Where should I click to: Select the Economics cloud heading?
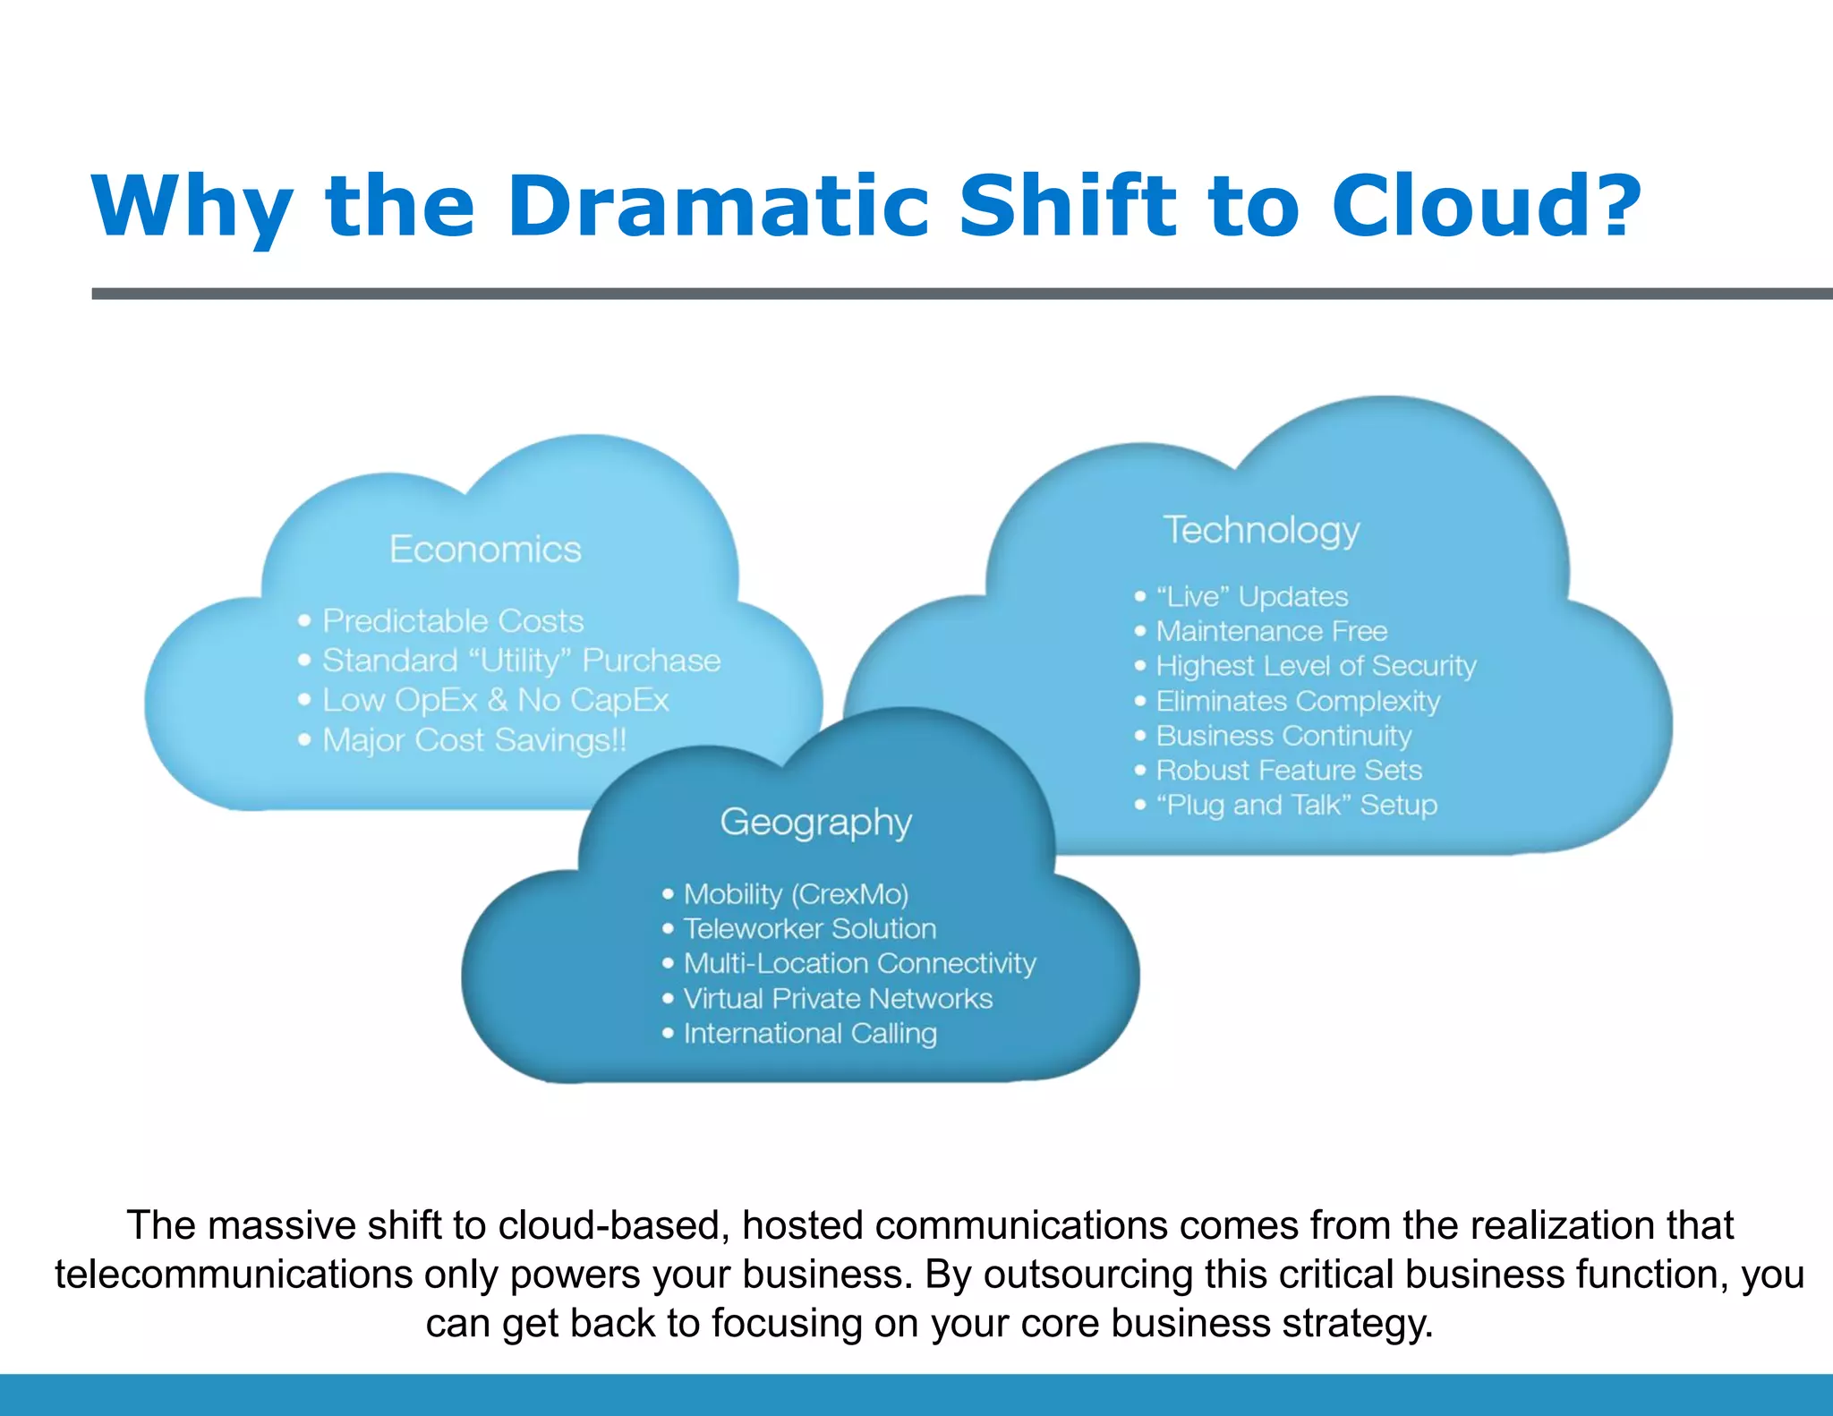[x=485, y=549]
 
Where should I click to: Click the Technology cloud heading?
[x=1261, y=530]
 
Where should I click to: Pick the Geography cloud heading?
[x=815, y=822]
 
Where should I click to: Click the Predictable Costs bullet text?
[x=453, y=620]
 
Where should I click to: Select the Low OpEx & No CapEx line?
[x=495, y=700]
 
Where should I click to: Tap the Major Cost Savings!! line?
[x=474, y=740]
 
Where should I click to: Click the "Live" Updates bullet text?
[x=1251, y=596]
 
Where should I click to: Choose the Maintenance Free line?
[x=1271, y=631]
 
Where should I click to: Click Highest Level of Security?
[x=1316, y=666]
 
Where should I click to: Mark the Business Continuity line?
[x=1283, y=736]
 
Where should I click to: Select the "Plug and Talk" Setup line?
[x=1296, y=805]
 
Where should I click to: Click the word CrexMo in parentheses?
[x=849, y=894]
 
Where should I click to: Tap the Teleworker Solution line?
[x=809, y=928]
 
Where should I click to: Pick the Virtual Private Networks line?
[x=838, y=998]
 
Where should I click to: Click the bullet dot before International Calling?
[x=668, y=1033]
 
